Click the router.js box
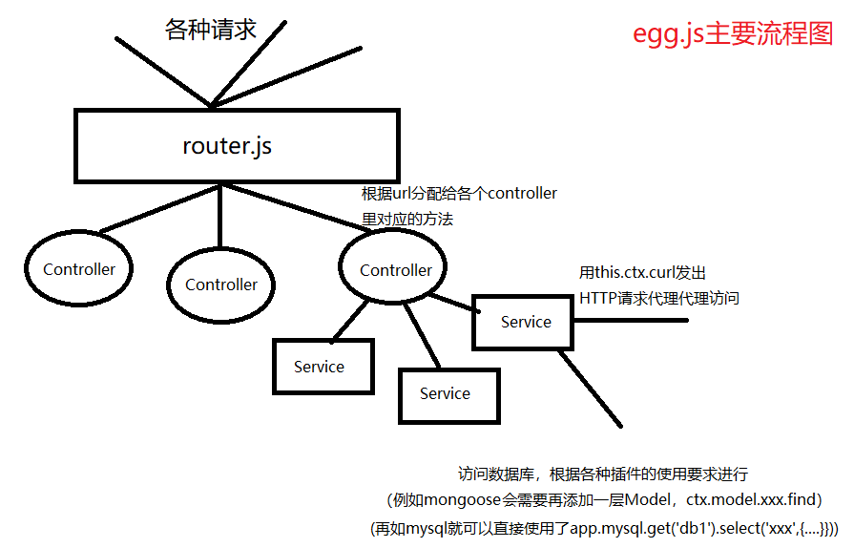(236, 146)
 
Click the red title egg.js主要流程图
(733, 33)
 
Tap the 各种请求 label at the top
(211, 30)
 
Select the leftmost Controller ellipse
(79, 270)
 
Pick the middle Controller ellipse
(221, 285)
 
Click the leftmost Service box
(320, 367)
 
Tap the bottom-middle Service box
(446, 393)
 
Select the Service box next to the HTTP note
(526, 323)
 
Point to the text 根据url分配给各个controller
(459, 194)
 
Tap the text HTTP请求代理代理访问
(659, 299)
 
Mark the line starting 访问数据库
(602, 474)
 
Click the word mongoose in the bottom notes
(457, 499)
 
